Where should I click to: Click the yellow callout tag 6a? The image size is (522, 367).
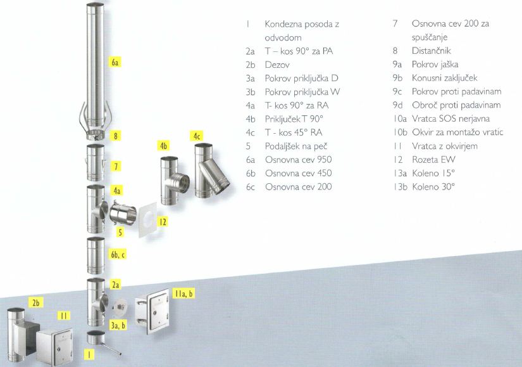click(115, 63)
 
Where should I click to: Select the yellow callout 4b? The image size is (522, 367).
click(165, 146)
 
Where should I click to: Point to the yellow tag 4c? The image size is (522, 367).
click(197, 135)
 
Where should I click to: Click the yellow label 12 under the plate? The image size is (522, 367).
click(163, 222)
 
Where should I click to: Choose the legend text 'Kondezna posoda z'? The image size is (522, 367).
click(302, 24)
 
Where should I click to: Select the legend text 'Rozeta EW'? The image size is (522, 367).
click(435, 160)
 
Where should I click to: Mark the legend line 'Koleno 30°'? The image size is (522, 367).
click(433, 187)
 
